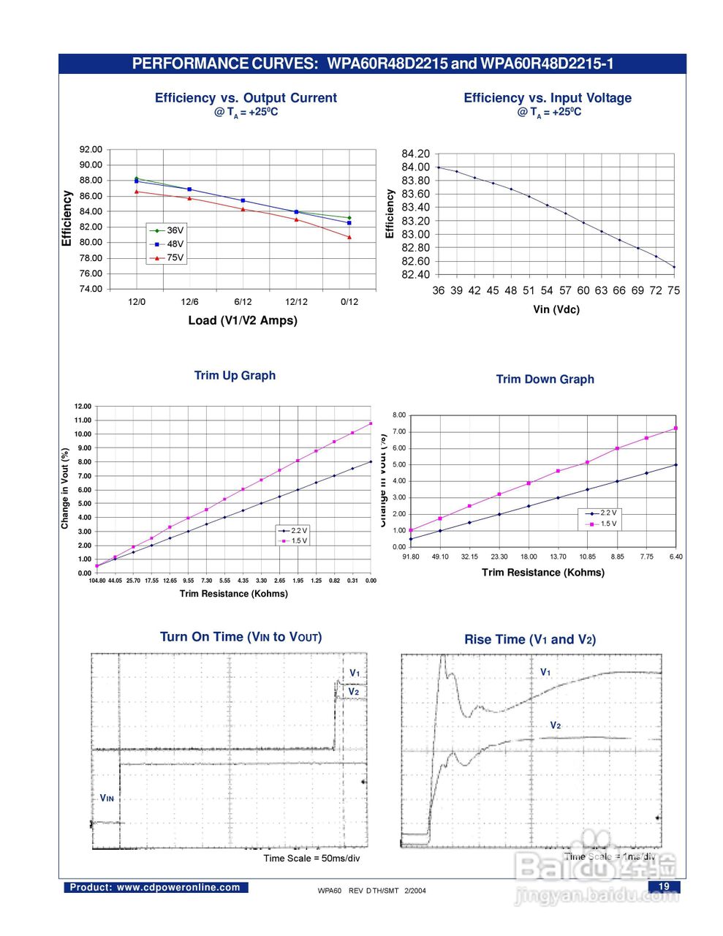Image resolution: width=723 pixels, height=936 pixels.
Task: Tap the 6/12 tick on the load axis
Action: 243,302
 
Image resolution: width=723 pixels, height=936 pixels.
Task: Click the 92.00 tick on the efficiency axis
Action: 91,149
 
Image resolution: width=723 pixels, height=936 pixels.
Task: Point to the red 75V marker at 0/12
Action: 349,237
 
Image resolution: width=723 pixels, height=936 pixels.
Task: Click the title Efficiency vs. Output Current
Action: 246,98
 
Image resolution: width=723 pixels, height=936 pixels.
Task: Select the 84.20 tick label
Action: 416,154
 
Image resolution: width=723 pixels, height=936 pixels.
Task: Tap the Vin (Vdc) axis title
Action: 556,309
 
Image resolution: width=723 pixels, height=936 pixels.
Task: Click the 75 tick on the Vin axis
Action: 673,290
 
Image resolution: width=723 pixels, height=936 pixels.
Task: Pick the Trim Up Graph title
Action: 235,375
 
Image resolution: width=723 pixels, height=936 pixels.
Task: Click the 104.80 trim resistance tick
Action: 97,581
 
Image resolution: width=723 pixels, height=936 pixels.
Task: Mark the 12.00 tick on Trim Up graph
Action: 83,407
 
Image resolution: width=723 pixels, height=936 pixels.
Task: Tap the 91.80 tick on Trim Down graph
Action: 411,557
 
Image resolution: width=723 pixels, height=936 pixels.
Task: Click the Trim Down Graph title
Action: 545,379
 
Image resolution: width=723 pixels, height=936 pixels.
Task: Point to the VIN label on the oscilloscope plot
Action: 107,799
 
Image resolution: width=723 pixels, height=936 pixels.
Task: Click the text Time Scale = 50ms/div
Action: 311,858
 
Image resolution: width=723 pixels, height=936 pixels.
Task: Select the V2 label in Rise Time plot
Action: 555,725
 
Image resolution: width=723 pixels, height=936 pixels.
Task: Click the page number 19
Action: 665,886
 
